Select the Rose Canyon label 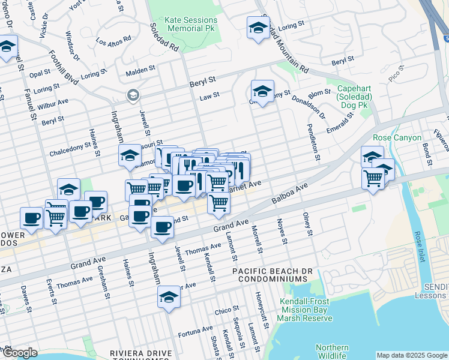394,137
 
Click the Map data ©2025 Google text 412,355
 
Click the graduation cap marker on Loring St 258,28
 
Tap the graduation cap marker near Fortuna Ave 169,296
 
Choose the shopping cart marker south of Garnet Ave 219,204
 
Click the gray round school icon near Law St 133,95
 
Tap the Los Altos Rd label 112,42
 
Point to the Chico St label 223,311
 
